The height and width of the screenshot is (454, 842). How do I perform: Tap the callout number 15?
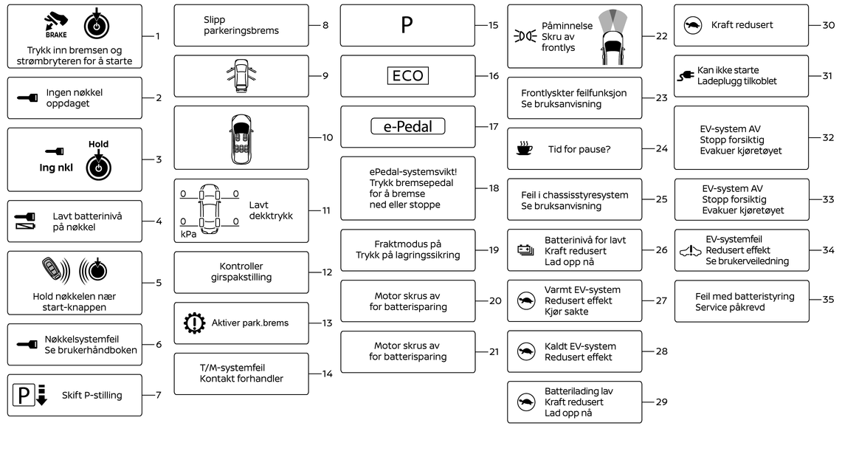click(494, 25)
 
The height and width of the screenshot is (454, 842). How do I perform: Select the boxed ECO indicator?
click(407, 76)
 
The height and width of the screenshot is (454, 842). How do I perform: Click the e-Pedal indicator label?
click(408, 126)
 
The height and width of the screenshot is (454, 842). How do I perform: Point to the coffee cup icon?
click(524, 148)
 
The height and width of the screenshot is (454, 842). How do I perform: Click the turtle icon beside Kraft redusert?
click(693, 25)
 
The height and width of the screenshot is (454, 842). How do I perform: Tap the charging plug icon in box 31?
click(686, 75)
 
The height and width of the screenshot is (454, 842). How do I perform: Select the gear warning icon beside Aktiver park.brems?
click(193, 323)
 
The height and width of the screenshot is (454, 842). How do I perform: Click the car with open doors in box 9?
click(241, 76)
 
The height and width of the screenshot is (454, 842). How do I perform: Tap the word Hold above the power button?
click(98, 145)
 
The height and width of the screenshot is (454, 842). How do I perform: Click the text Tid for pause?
click(579, 148)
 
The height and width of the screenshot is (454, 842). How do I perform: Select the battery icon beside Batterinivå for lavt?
click(525, 251)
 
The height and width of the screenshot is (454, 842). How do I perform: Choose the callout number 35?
click(828, 300)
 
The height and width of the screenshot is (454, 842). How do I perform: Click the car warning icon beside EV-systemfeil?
click(690, 251)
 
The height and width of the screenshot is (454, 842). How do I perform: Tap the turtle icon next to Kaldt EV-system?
click(525, 351)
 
